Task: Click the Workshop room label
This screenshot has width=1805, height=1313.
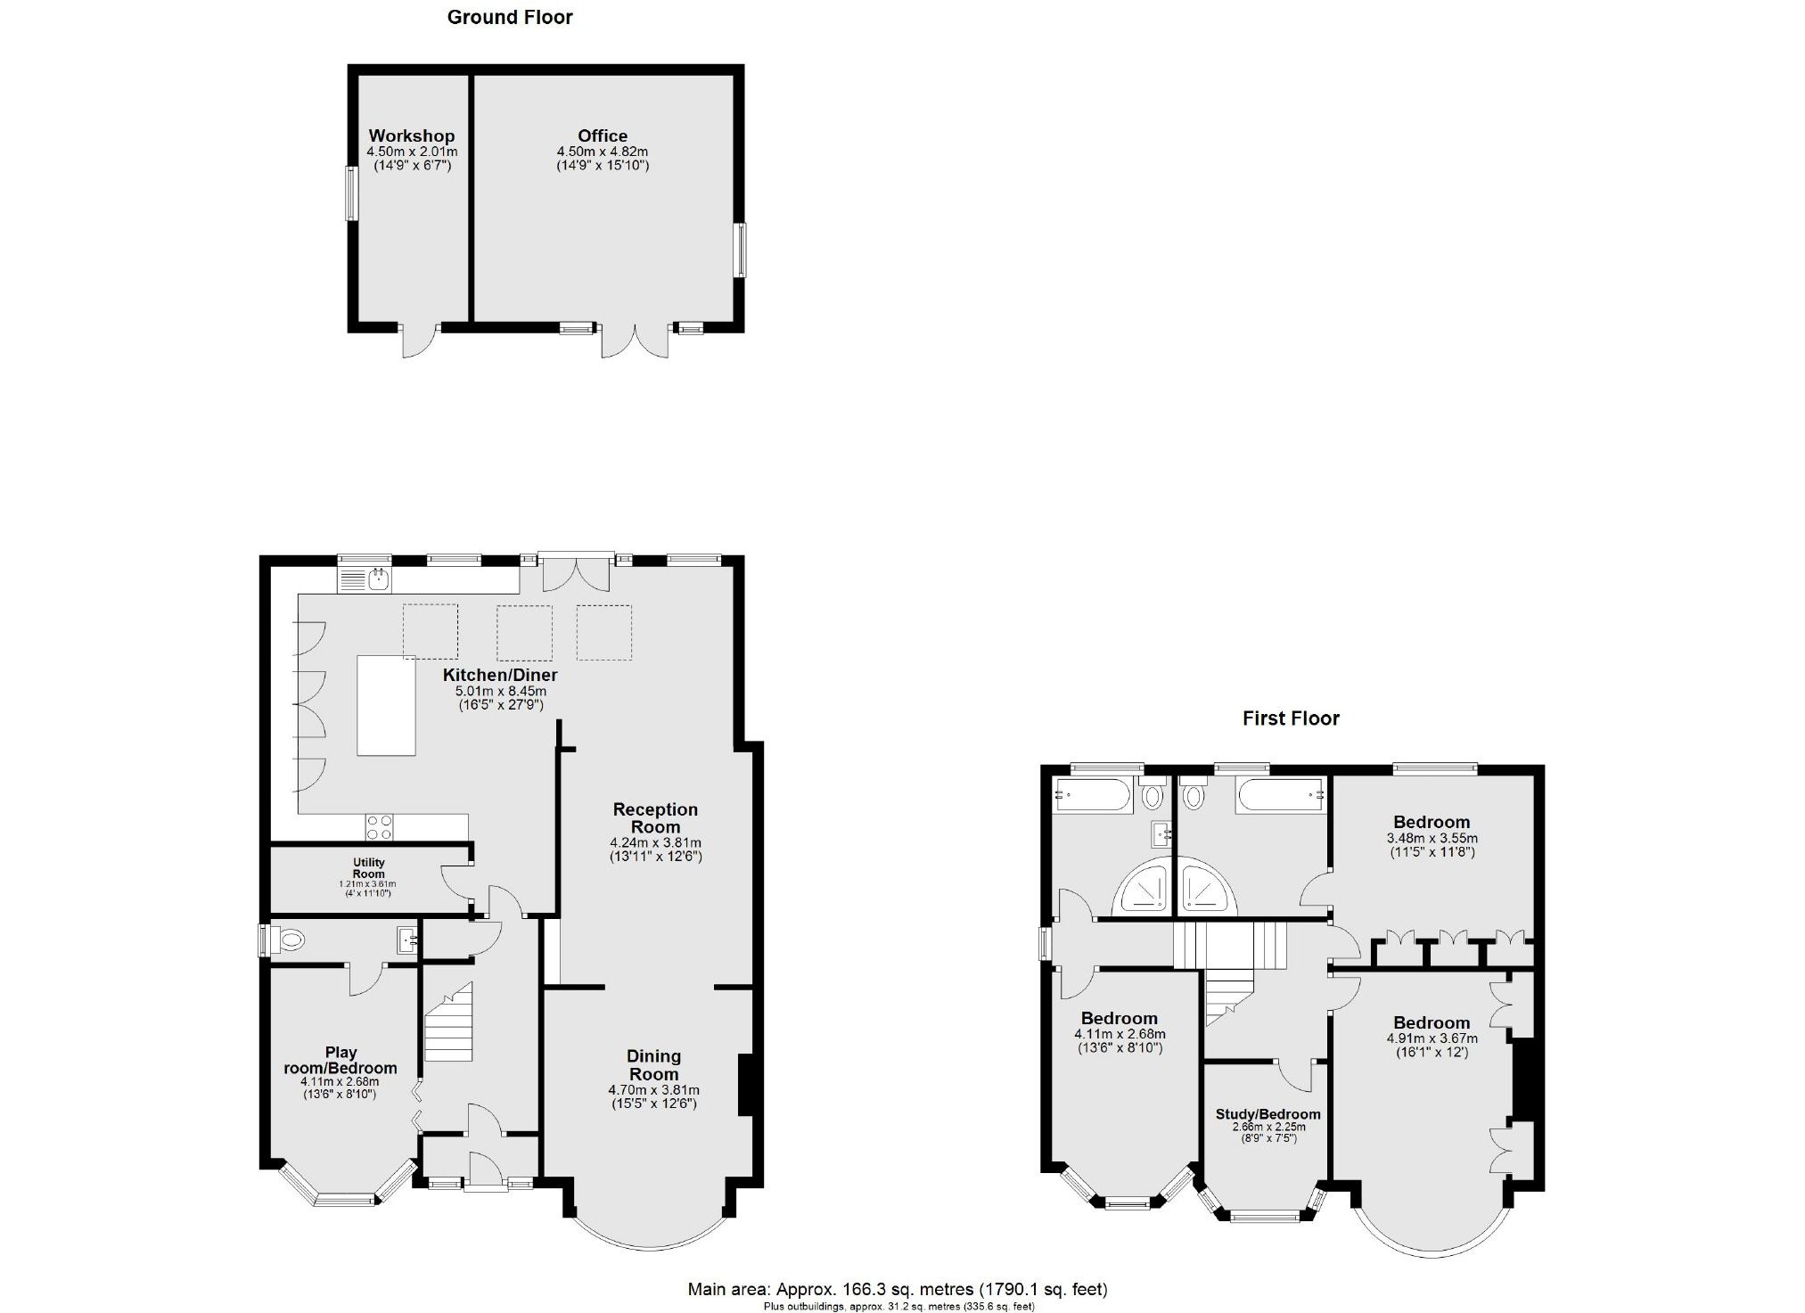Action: pos(412,135)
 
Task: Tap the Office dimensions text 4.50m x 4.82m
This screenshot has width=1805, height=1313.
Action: pos(602,152)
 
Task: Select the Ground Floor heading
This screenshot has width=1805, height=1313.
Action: pos(510,17)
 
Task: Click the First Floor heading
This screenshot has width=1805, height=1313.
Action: pos(1291,718)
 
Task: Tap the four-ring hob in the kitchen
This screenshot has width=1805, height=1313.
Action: pos(379,827)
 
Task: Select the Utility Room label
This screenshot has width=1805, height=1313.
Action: pos(369,867)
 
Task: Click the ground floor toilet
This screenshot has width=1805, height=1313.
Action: pos(287,940)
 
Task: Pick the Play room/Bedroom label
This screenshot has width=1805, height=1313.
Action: pos(340,1060)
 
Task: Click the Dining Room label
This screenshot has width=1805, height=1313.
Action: pos(654,1064)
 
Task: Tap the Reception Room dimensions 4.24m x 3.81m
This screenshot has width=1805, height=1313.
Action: pos(655,842)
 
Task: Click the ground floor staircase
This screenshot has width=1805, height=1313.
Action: pos(447,1022)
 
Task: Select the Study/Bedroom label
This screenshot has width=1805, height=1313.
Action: pos(1268,1114)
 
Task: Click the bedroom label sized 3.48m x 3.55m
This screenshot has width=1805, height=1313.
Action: pos(1432,822)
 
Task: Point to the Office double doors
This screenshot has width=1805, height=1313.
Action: pos(635,341)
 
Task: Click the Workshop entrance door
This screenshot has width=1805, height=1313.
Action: pos(419,341)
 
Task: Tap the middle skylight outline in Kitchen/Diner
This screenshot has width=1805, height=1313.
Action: pos(524,632)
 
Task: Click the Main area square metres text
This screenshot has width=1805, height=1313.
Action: pos(897,1289)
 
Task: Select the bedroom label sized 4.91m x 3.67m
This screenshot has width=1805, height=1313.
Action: pos(1432,1022)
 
